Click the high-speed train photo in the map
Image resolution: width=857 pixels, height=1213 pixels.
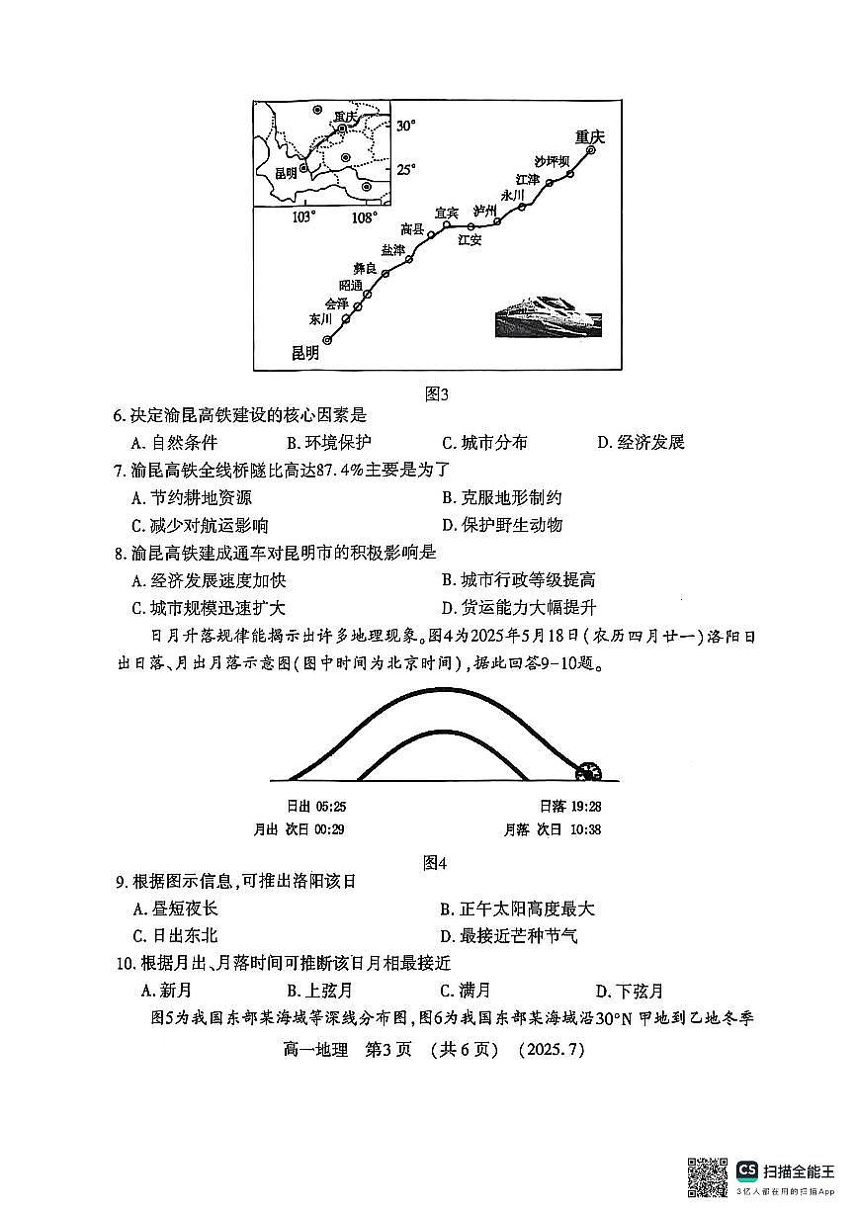click(x=547, y=316)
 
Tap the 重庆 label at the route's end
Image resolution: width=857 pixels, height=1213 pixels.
click(x=589, y=137)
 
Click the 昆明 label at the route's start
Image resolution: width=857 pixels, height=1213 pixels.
click(x=306, y=353)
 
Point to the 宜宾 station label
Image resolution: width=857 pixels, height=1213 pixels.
click(x=447, y=213)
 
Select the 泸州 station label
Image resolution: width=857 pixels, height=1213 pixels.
click(x=484, y=211)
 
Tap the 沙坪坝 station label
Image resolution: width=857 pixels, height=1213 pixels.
click(x=553, y=161)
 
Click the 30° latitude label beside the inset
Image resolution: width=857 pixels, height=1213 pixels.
click(x=406, y=127)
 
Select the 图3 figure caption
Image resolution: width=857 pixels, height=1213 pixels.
click(x=436, y=394)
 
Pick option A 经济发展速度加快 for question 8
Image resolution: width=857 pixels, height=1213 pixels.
click(x=209, y=580)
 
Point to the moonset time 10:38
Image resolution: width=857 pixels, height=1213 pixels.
click(x=584, y=829)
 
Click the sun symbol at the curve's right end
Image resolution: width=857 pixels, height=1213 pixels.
click(x=590, y=770)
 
